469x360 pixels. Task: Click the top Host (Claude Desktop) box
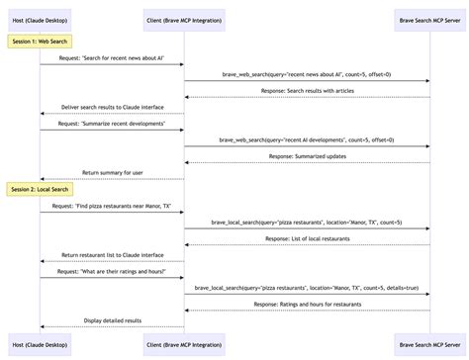(41, 18)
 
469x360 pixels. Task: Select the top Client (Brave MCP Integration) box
(184, 18)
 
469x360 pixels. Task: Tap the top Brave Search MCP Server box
(429, 18)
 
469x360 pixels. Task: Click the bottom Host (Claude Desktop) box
(41, 342)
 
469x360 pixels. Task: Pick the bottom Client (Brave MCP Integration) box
(184, 342)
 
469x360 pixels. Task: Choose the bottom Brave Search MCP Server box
(429, 342)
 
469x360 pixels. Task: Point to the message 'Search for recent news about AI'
(112, 58)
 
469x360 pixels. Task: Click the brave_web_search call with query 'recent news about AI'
(307, 74)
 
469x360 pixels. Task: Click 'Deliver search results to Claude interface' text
(112, 107)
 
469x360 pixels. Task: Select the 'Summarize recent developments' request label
(112, 124)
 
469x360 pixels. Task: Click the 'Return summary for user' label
(112, 172)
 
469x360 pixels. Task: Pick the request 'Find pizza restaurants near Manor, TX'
(112, 205)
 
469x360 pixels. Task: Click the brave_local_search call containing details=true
(307, 287)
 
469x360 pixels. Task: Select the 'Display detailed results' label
(112, 320)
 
